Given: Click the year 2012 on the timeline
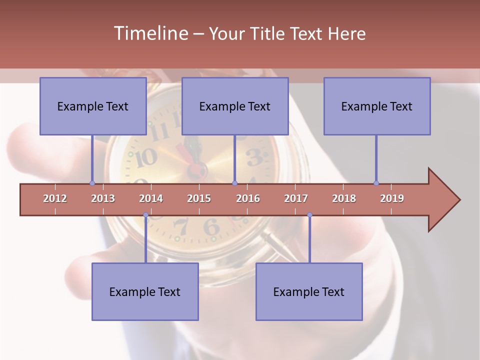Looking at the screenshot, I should click(x=55, y=198).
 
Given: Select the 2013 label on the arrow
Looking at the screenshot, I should click(x=103, y=198).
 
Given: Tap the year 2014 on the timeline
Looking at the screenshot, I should click(x=151, y=198).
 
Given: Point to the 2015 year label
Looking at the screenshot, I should click(x=199, y=198).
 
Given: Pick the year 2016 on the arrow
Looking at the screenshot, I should click(x=248, y=198).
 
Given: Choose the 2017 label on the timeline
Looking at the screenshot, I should click(x=296, y=198).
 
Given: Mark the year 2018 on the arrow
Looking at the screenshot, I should click(x=344, y=198).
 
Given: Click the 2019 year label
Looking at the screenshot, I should click(x=392, y=198).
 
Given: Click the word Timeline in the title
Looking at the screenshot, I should click(x=150, y=33).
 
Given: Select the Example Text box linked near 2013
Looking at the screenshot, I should click(x=93, y=106).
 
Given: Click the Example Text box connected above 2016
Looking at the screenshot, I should click(x=235, y=106).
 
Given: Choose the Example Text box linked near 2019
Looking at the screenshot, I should click(x=377, y=106).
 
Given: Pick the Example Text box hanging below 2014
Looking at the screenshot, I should click(x=145, y=291).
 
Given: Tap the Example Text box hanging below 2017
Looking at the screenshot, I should click(x=309, y=291).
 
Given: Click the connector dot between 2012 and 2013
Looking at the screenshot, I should click(x=92, y=183).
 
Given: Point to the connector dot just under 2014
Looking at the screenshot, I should click(x=145, y=215).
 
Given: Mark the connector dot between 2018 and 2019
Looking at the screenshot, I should click(x=376, y=183).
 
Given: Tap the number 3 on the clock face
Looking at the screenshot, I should click(x=254, y=157).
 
